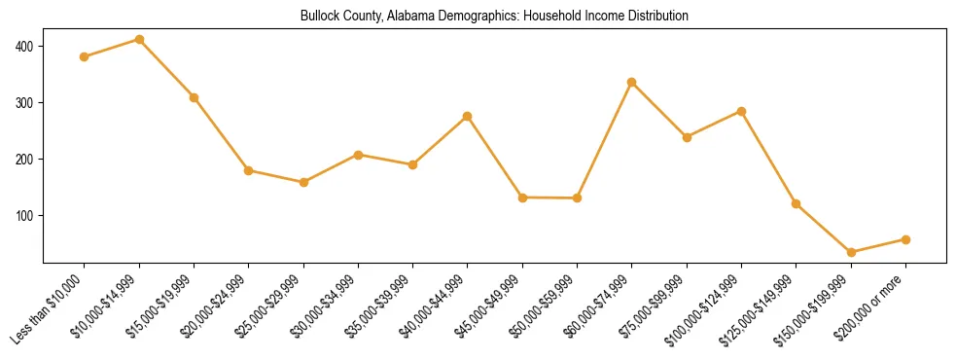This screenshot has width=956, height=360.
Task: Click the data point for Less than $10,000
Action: click(x=85, y=56)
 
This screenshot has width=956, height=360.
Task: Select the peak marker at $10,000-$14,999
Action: click(x=139, y=40)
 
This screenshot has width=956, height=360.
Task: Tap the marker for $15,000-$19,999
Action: click(x=195, y=97)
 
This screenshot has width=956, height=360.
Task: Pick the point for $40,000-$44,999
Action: click(x=468, y=116)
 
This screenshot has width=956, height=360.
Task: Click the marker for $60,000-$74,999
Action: click(x=632, y=82)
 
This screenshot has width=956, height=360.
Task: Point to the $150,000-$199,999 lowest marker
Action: click(x=851, y=252)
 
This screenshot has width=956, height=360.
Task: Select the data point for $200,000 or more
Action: click(x=905, y=239)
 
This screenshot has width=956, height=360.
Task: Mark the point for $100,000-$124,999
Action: click(x=741, y=111)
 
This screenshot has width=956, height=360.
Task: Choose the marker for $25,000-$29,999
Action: click(x=303, y=182)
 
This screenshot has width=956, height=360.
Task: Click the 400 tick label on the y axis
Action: click(x=24, y=46)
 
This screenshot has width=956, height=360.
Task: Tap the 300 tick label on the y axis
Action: click(x=24, y=102)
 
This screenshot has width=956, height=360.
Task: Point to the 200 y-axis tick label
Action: click(x=24, y=159)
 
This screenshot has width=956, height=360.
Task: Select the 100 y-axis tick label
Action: click(x=24, y=215)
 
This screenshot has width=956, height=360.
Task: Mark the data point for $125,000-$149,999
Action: click(x=797, y=203)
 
